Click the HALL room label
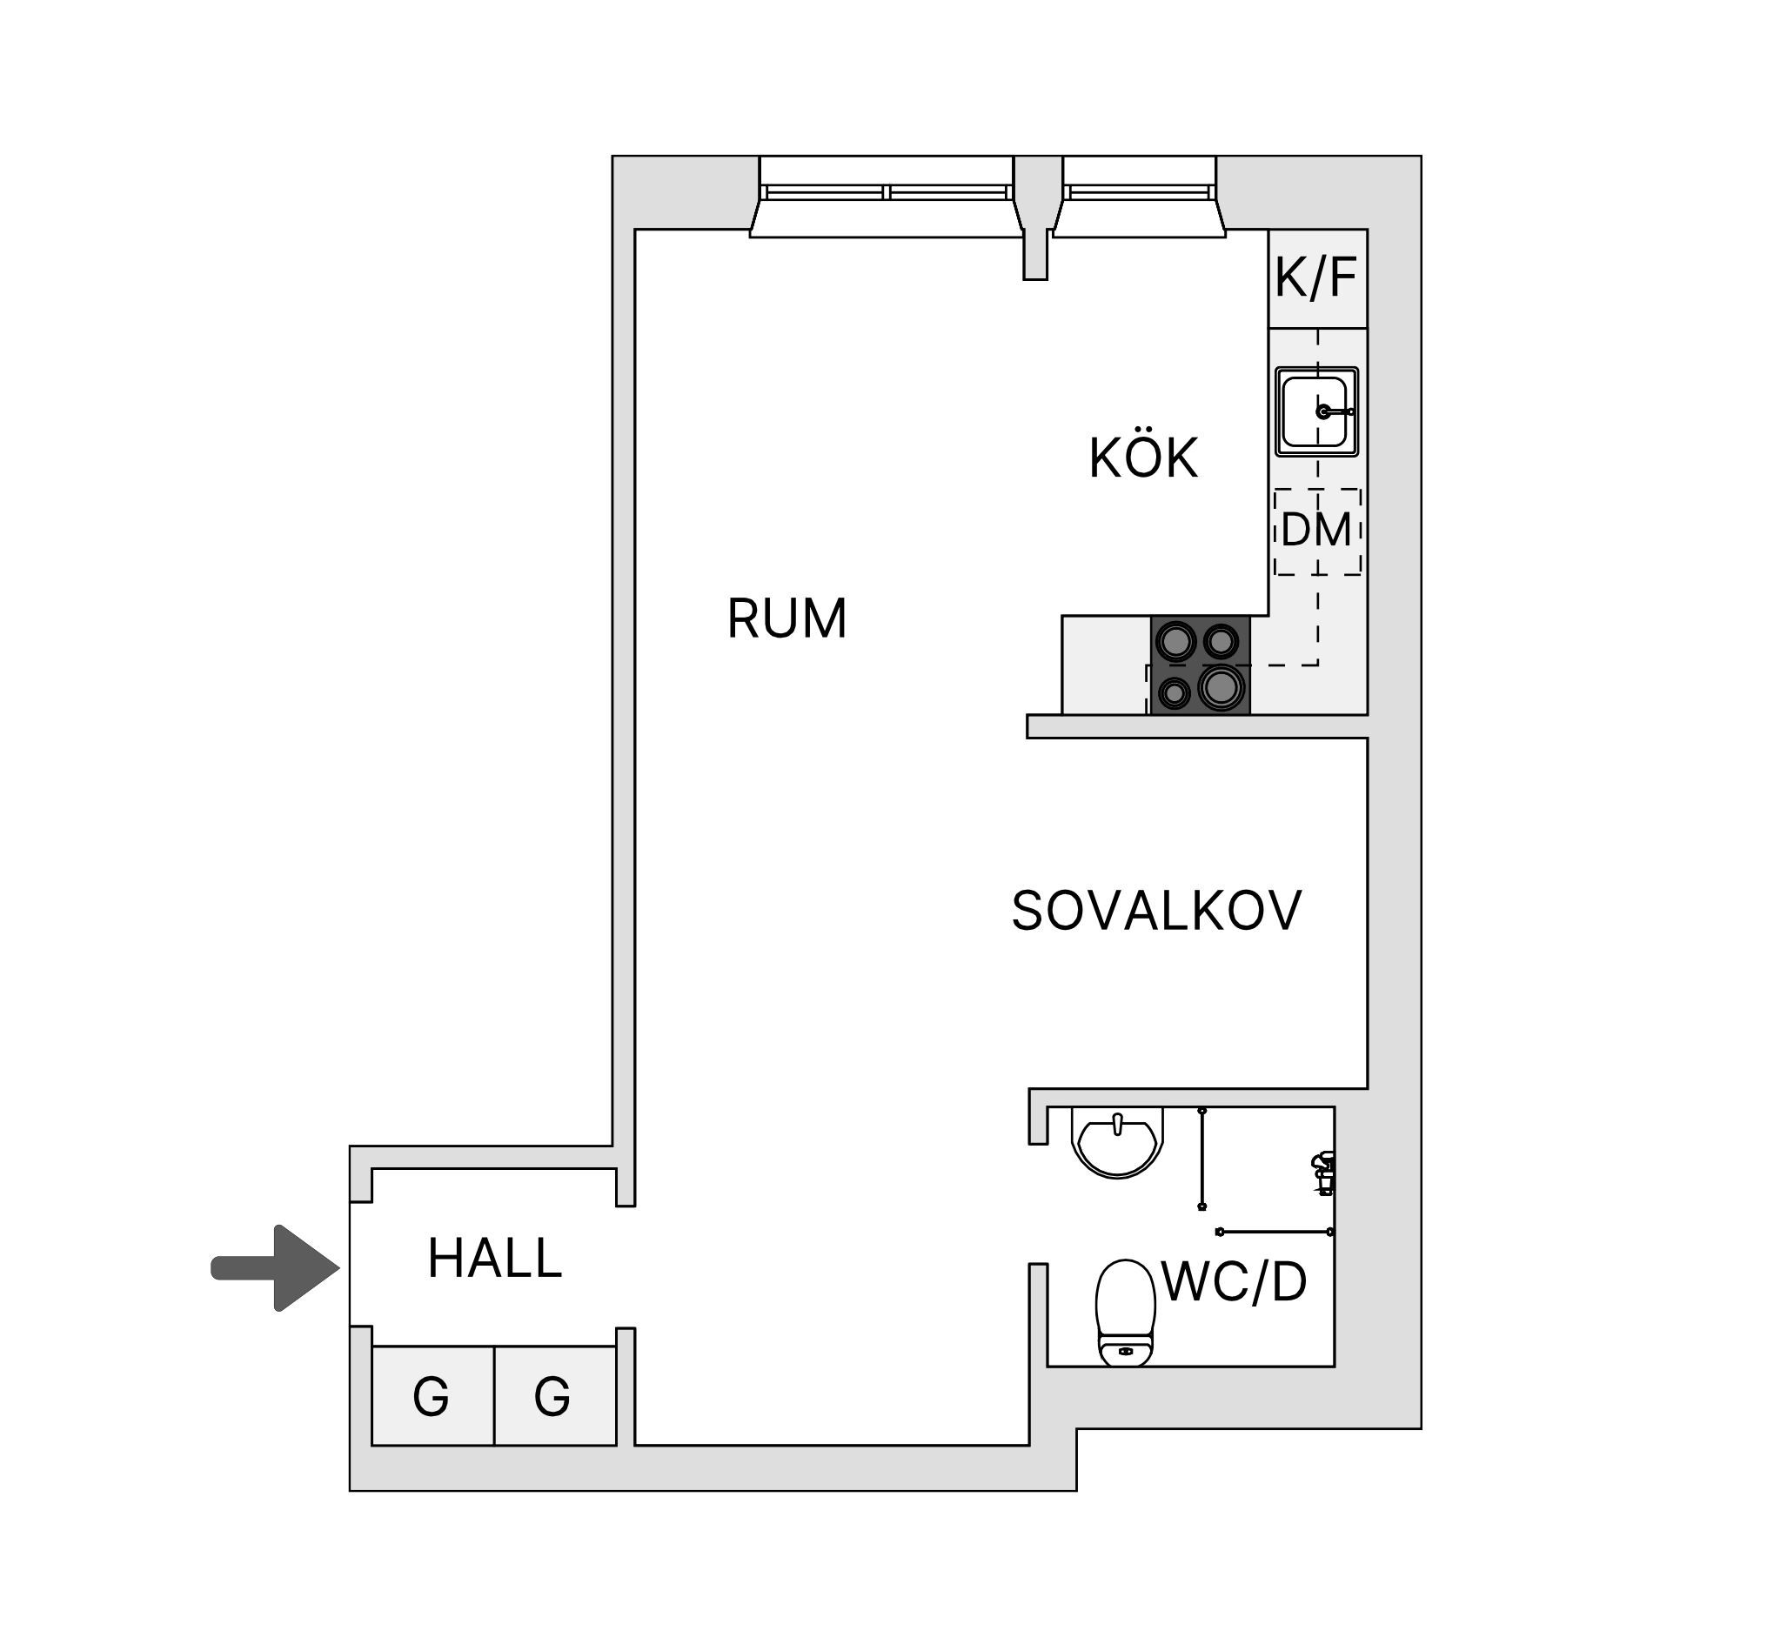coord(495,1259)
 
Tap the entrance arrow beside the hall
coord(276,1268)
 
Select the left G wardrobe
coord(433,1396)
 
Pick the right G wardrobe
coord(554,1396)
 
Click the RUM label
coord(786,618)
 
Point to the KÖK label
coord(1144,458)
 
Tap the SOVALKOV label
coord(1156,911)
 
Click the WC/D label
coord(1235,1281)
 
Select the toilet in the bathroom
coord(1125,1312)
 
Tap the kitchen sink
coord(1316,411)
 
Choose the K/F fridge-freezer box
coord(1317,278)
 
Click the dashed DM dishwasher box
coord(1317,531)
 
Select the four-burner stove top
coord(1200,665)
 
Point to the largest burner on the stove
coord(1221,687)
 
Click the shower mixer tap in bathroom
coord(1323,1171)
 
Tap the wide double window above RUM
coord(887,197)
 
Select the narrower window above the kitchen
coord(1140,197)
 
